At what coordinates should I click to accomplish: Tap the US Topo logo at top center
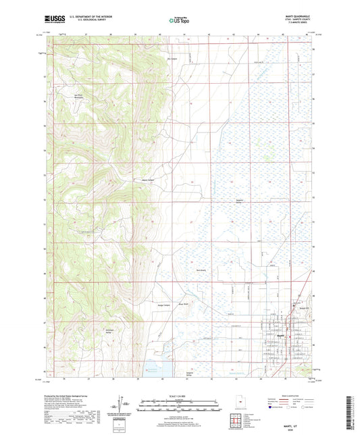(x=180, y=21)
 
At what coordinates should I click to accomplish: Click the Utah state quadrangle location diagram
(x=241, y=405)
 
